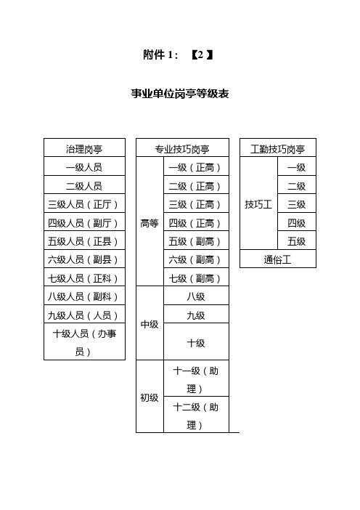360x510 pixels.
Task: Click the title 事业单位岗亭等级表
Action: (x=180, y=94)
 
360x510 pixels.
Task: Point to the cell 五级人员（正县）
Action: (x=83, y=241)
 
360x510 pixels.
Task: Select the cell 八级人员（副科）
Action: (x=83, y=296)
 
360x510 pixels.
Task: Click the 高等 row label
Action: (x=150, y=223)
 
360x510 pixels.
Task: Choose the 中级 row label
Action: (x=150, y=324)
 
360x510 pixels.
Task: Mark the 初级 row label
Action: (x=150, y=397)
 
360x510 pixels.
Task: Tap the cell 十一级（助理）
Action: (x=195, y=379)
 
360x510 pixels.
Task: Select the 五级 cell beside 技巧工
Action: (x=297, y=241)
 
